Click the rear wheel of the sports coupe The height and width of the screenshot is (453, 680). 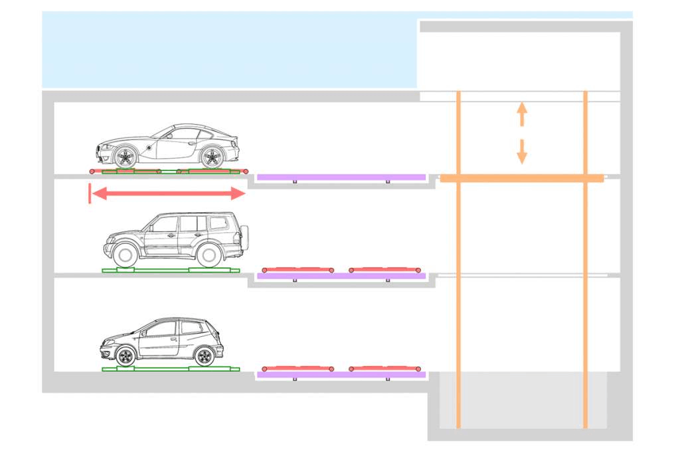212,157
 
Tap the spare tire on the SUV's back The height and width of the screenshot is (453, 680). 244,237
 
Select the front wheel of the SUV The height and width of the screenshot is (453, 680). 125,255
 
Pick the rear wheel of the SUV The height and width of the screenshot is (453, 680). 209,255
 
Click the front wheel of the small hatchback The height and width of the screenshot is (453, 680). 125,356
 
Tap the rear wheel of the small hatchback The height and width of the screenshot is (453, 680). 204,356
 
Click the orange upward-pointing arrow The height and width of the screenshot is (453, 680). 522,113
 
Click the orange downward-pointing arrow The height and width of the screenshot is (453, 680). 522,152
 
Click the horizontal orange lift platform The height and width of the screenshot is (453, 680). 522,178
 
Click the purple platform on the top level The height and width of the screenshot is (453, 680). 341,177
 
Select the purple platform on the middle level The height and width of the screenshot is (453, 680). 341,276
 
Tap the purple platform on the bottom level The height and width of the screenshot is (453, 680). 341,375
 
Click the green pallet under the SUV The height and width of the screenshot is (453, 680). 170,271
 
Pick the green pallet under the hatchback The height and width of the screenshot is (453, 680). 170,369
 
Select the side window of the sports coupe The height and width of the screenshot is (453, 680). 183,134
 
